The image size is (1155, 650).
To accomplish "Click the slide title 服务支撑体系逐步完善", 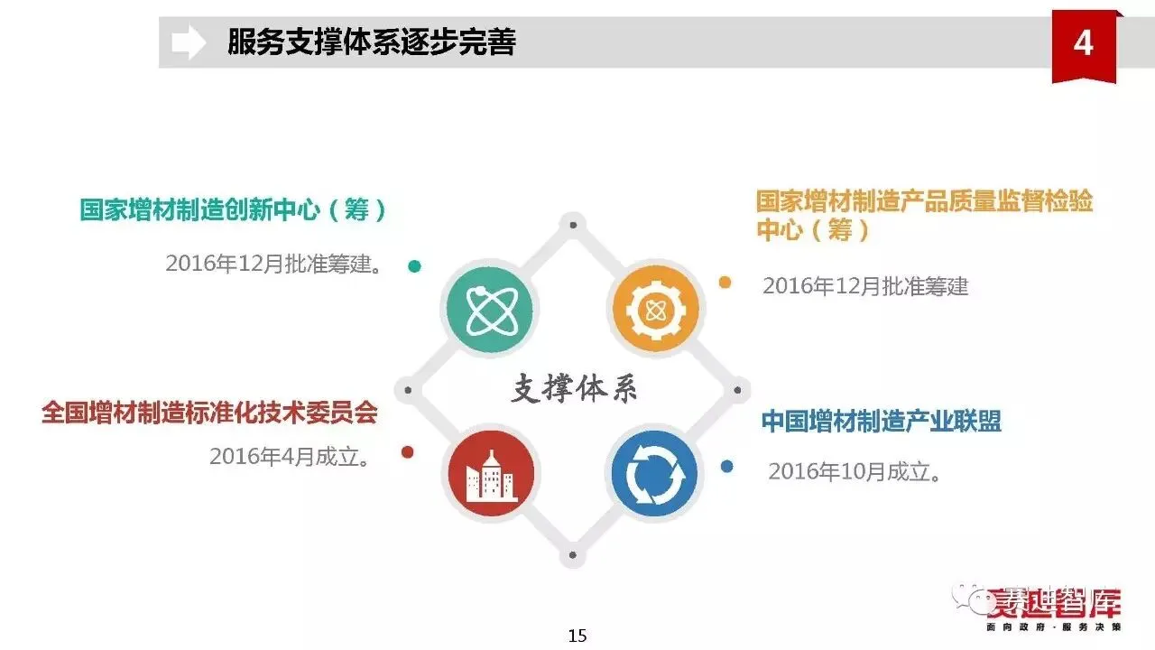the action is (x=371, y=42).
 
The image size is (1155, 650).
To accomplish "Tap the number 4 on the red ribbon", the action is (x=1083, y=43).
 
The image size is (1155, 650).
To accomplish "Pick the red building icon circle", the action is (x=490, y=475).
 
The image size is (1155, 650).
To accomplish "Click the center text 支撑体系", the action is (x=575, y=390).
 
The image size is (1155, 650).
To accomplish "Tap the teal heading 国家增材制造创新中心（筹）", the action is (x=234, y=210).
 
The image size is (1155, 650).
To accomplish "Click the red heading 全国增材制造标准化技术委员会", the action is (x=209, y=413).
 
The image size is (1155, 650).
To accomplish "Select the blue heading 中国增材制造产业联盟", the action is (x=881, y=422).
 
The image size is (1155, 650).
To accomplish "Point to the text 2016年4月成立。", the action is (x=290, y=457).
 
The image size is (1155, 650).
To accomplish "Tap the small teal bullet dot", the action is (x=414, y=266).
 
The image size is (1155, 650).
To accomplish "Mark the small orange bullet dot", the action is (x=725, y=283).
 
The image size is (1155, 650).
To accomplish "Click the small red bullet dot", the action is (x=408, y=452).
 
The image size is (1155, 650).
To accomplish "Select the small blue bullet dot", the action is (x=727, y=467).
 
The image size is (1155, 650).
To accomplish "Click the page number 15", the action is (x=577, y=636).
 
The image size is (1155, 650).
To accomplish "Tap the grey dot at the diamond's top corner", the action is (x=572, y=223).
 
